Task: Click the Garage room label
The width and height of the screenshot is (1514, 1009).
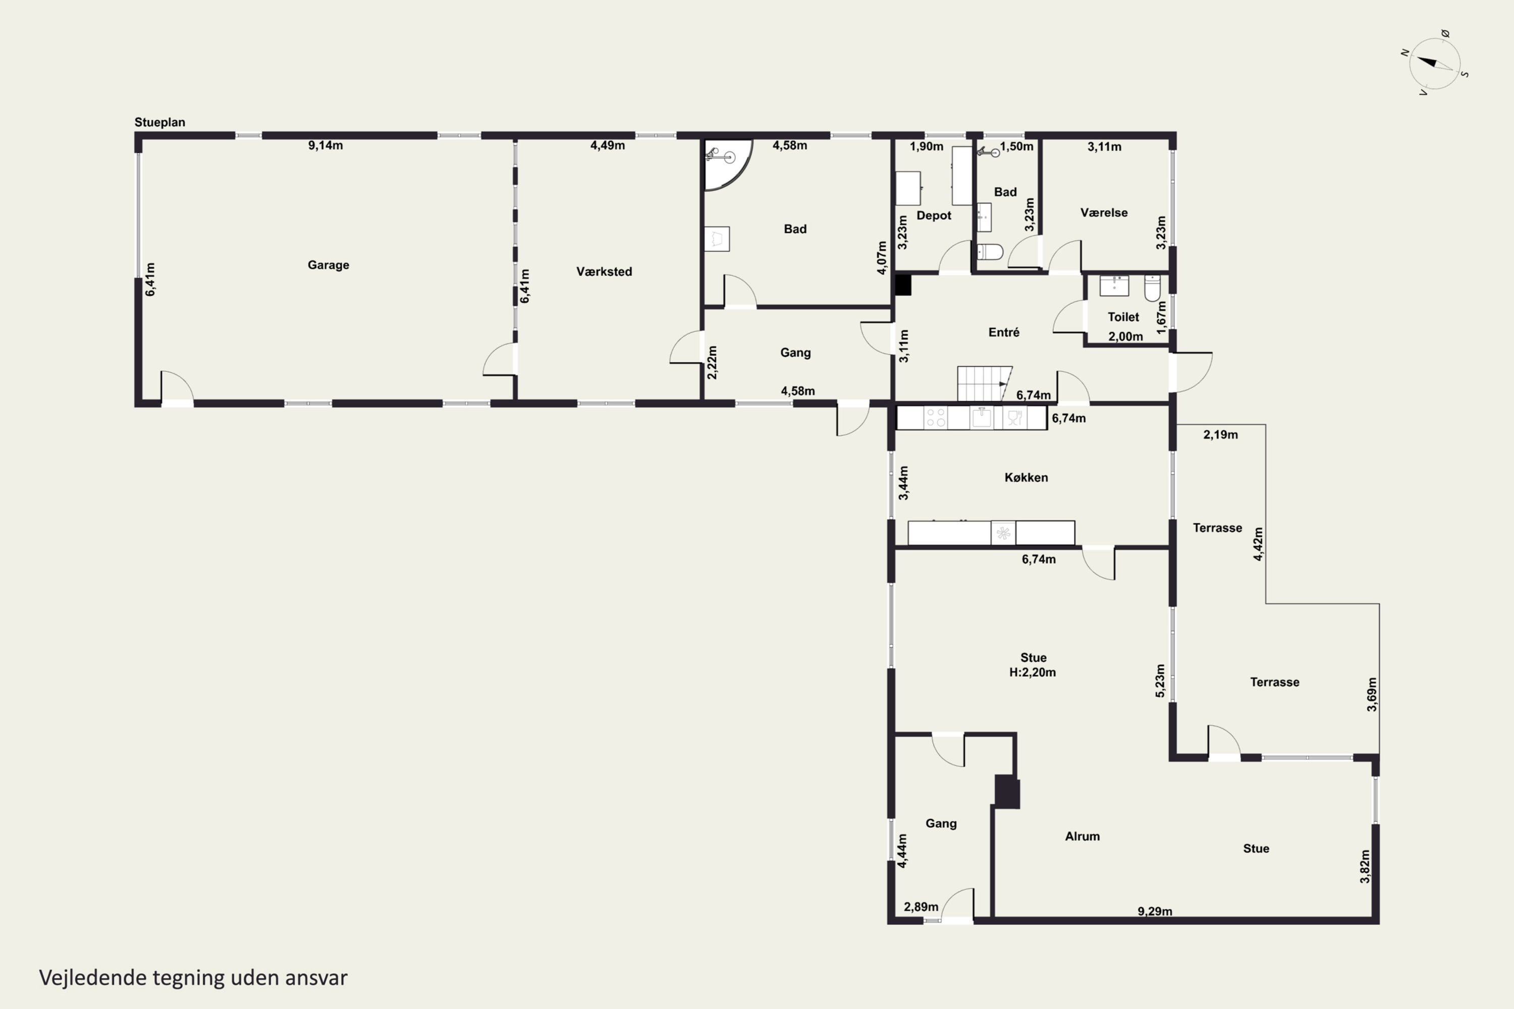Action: tap(329, 265)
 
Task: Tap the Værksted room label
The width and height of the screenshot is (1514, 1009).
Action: tap(604, 271)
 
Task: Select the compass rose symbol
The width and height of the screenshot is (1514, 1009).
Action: tap(1435, 64)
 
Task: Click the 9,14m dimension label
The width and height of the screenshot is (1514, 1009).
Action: tap(325, 145)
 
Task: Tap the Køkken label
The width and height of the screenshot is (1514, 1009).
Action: tap(1026, 477)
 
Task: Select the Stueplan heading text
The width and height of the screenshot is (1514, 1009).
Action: tap(159, 122)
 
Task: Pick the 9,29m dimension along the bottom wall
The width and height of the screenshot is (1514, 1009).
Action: tap(1155, 911)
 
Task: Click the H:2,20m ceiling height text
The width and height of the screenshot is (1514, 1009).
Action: tap(1033, 672)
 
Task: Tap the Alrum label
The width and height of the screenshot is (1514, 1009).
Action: tap(1082, 836)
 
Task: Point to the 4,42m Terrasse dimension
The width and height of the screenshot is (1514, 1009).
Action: tap(1258, 544)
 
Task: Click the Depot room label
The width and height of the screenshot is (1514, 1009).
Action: tap(933, 215)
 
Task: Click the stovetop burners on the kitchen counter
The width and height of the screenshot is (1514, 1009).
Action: tap(935, 418)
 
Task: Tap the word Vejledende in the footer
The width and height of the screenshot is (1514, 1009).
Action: tap(93, 978)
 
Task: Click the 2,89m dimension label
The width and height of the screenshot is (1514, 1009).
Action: tap(921, 907)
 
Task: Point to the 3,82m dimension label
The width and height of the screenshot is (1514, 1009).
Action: tap(1365, 866)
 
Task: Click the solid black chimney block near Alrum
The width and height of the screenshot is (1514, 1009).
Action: tap(1007, 792)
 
